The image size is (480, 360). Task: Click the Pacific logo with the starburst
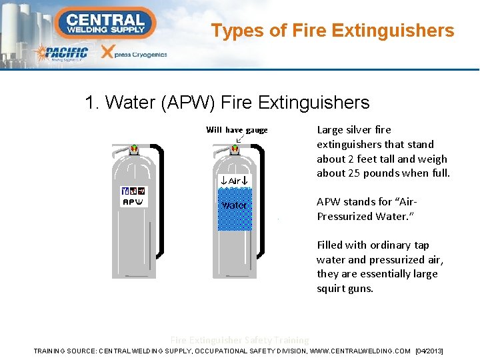click(61, 53)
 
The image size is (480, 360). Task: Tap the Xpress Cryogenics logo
click(133, 53)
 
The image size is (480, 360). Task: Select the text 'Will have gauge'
click(237, 130)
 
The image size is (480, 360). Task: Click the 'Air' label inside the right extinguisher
click(234, 181)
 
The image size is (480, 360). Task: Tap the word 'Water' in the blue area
click(234, 205)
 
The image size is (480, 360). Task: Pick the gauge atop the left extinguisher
click(134, 149)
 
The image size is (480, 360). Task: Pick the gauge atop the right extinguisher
click(234, 149)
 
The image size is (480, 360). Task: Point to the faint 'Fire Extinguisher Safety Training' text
click(240, 340)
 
